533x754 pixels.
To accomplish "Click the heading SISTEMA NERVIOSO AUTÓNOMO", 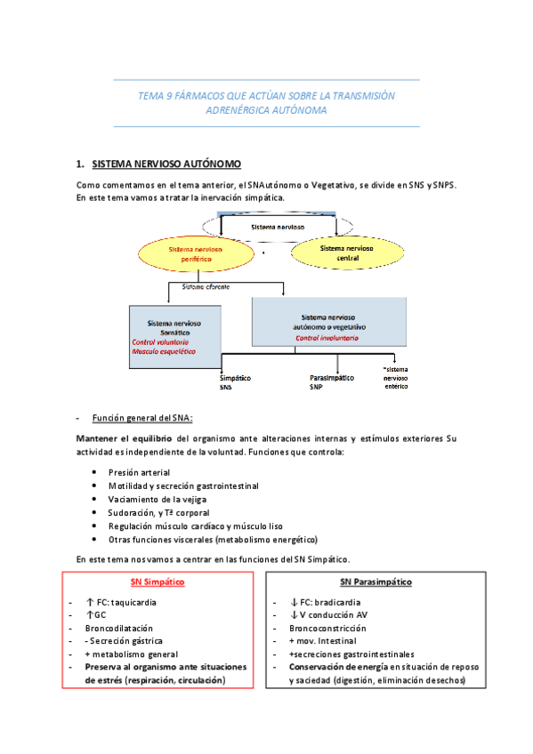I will [x=166, y=164].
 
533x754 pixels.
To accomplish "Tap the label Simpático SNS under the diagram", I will [x=235, y=382].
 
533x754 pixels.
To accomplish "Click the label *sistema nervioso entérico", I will [x=396, y=378].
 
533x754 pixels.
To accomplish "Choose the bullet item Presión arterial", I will [x=139, y=472].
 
